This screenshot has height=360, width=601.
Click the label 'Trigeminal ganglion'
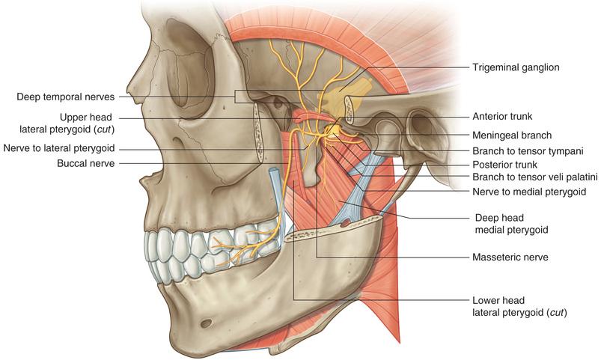[x=516, y=67]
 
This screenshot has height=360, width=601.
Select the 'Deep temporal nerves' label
[x=66, y=97]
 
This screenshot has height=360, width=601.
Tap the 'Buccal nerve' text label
[x=86, y=163]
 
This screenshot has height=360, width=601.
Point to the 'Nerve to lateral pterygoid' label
[x=59, y=148]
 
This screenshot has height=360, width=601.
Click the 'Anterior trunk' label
[x=502, y=116]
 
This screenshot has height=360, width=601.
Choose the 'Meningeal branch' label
[x=512, y=135]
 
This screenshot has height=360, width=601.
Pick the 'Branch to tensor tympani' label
[x=528, y=151]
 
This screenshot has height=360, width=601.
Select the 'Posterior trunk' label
[x=504, y=165]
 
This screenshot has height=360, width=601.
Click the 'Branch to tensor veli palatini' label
[x=534, y=177]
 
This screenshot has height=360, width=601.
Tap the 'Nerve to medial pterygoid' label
[x=529, y=192]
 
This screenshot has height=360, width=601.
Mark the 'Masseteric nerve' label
[x=510, y=257]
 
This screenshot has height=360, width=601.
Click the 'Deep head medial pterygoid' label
[x=511, y=224]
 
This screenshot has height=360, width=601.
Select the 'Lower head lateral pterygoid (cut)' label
[x=519, y=306]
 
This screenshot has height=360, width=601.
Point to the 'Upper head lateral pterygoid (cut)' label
[x=67, y=123]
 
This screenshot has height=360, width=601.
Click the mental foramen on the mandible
[x=206, y=323]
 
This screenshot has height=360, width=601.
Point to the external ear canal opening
[x=421, y=126]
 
